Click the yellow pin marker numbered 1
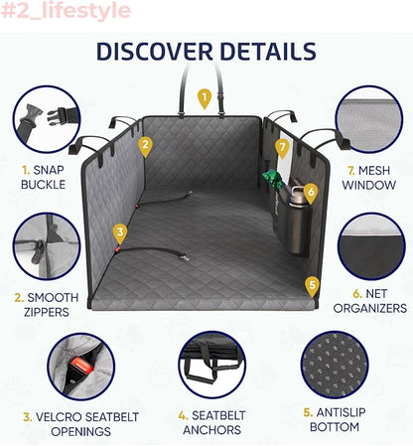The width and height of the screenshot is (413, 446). point(205,98)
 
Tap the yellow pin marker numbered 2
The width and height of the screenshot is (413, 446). point(145,146)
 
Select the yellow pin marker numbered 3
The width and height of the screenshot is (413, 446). point(120,233)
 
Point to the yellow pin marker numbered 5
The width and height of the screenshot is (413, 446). point(312,286)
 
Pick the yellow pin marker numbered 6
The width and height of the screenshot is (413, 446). point(311,193)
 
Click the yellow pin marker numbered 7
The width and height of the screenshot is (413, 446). point(282,148)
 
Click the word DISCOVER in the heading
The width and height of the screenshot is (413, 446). point(155,52)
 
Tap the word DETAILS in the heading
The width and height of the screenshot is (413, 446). point(268,52)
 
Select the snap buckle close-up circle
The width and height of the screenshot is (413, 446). point(47,119)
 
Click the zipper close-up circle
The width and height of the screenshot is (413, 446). point(47,246)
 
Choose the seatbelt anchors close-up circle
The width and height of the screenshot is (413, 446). point(212,365)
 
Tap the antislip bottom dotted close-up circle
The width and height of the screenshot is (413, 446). point(335,365)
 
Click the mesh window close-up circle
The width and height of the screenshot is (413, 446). point(369,119)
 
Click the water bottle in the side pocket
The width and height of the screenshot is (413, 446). point(298,219)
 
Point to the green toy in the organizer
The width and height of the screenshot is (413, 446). point(273,180)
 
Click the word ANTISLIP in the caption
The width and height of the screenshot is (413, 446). point(342,412)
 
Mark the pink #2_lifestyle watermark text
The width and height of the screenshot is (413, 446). point(66,11)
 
